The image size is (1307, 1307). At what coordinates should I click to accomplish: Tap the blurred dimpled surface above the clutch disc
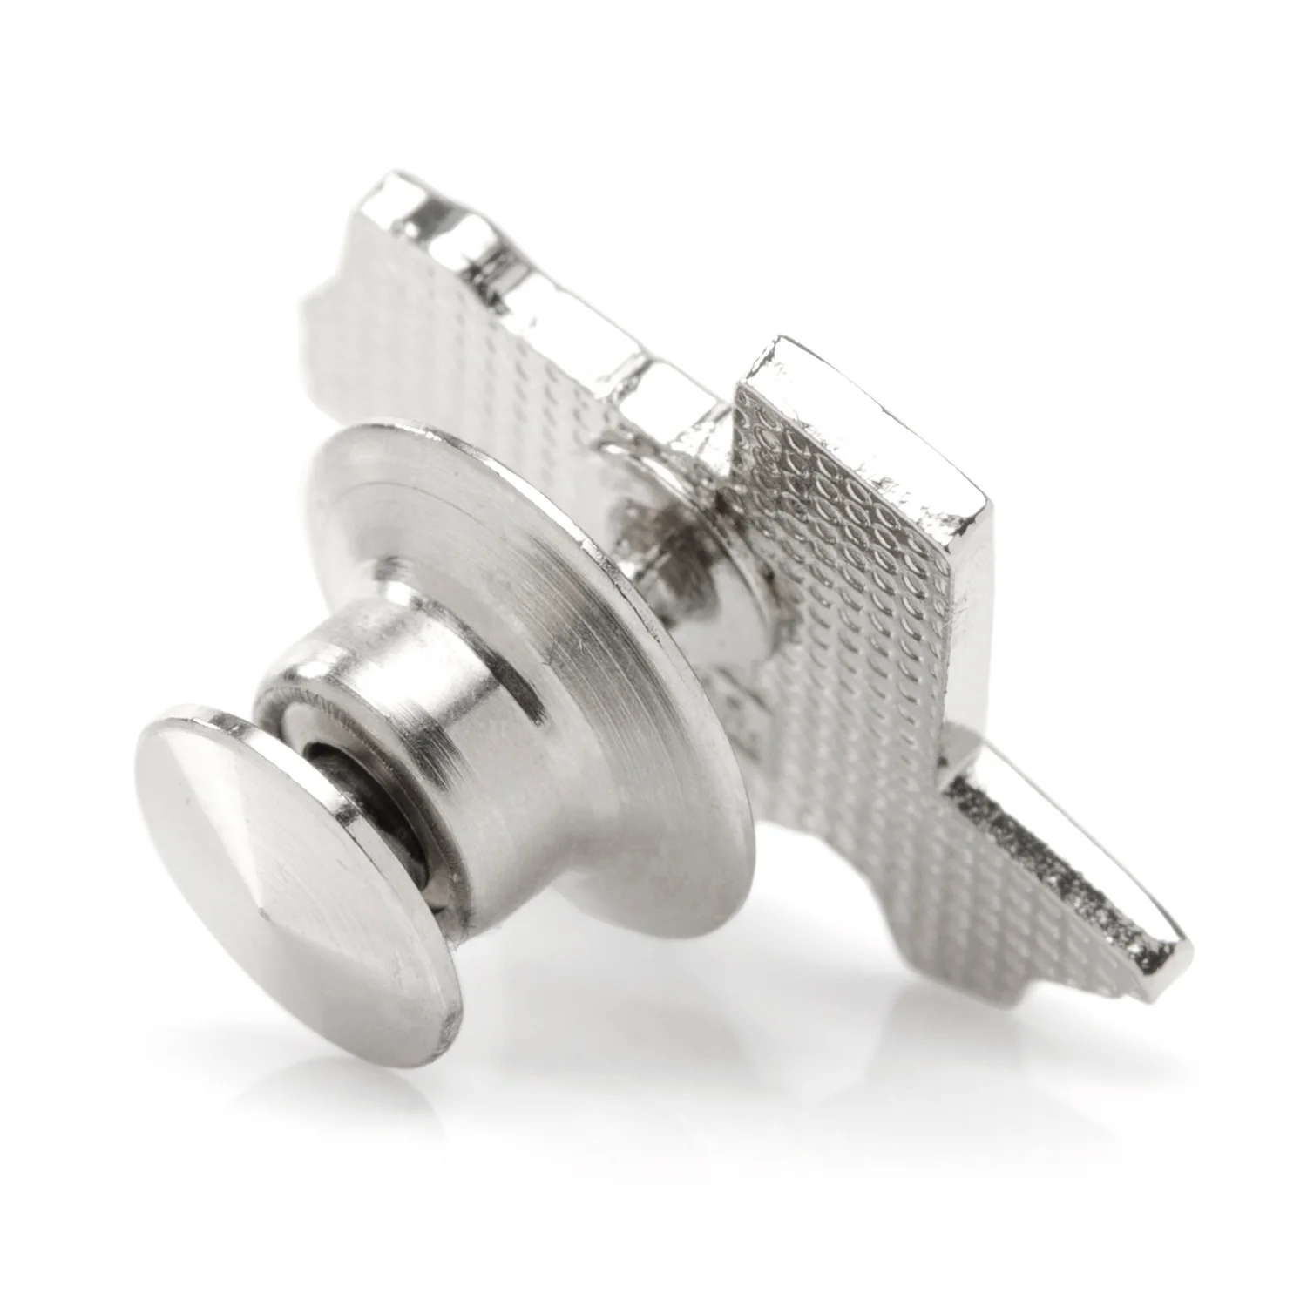coord(453,349)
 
